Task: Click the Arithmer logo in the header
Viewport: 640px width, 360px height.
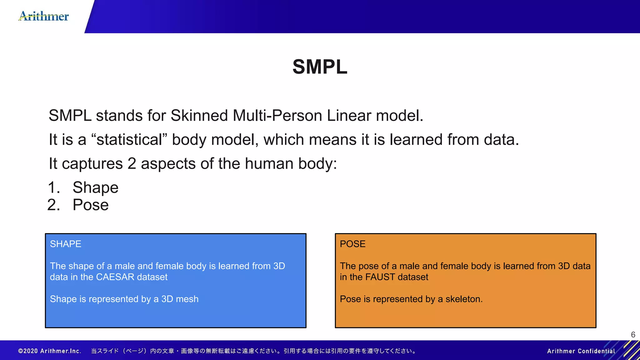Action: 44,16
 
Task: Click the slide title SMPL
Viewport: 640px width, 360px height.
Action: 320,67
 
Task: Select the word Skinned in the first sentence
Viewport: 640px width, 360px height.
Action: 199,116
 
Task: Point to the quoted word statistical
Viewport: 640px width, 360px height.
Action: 129,140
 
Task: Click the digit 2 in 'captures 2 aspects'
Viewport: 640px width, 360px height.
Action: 132,164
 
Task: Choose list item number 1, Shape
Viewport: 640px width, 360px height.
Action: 95,187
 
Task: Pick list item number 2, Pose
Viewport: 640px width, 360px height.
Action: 91,205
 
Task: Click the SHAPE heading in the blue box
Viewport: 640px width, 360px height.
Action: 66,244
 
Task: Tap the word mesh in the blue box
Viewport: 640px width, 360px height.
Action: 187,299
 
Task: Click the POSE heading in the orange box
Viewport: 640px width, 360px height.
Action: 352,244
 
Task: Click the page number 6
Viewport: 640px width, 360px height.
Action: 633,335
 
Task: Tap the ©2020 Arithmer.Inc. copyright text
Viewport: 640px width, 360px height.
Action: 50,351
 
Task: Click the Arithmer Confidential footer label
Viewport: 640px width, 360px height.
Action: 581,351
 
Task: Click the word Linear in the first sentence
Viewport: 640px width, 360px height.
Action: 349,116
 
